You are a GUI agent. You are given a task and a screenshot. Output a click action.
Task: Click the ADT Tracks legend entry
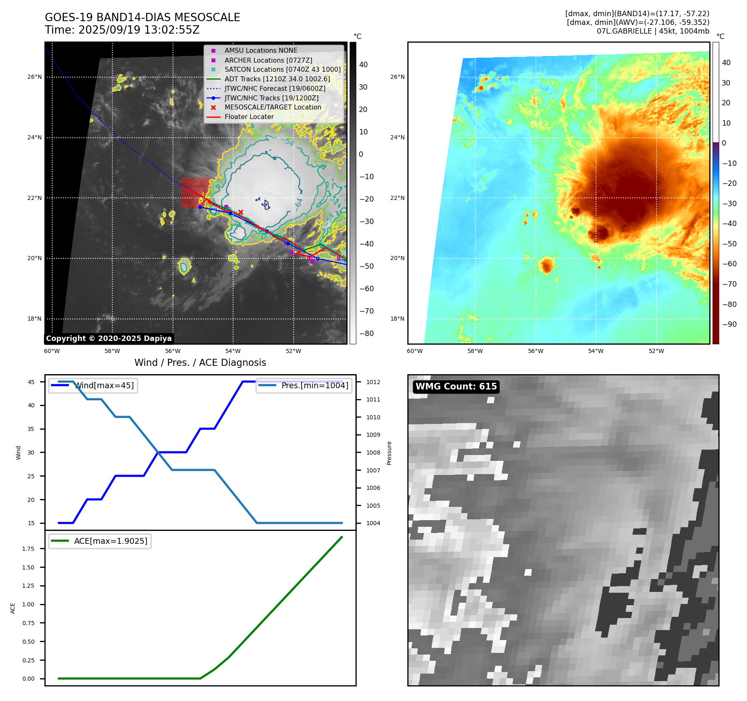[x=277, y=79]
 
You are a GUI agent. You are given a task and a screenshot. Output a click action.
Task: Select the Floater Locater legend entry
[x=249, y=117]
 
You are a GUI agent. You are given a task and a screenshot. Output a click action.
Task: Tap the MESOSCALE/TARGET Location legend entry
[x=273, y=107]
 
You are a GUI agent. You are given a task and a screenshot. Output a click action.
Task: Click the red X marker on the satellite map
[x=241, y=212]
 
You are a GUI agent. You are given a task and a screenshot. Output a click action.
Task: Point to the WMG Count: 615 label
[x=456, y=387]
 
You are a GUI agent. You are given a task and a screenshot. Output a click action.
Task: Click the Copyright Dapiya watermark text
[x=109, y=338]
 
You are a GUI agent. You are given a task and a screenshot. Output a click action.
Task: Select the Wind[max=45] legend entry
[x=104, y=385]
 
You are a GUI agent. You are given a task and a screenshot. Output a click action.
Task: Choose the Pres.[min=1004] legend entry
[x=314, y=385]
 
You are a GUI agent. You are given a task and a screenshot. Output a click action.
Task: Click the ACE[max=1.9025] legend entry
[x=110, y=541]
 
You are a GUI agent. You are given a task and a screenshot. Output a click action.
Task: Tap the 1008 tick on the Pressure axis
[x=373, y=453]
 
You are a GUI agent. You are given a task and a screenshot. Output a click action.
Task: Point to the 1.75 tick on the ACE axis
[x=28, y=549]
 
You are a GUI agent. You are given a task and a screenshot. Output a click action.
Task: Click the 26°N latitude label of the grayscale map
[x=34, y=77]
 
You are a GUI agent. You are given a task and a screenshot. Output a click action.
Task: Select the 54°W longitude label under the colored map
[x=596, y=351]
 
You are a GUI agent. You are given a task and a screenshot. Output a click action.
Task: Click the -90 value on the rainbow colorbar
[x=729, y=324]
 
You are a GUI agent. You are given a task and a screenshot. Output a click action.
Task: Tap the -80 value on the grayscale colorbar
[x=366, y=333]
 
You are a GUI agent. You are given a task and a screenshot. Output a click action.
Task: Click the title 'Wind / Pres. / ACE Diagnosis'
[x=200, y=363]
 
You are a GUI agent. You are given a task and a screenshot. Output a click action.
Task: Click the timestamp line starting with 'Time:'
[x=122, y=30]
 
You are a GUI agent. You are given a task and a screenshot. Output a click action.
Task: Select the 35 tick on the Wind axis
[x=31, y=429]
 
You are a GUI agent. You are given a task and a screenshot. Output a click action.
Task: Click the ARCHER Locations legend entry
[x=268, y=60]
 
